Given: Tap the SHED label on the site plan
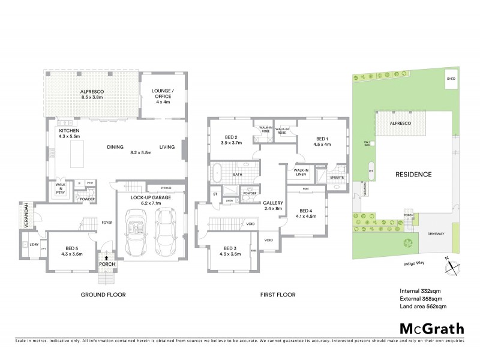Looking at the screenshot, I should [451, 79].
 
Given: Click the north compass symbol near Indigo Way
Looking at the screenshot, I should [450, 264].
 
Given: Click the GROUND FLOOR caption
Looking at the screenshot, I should [102, 295].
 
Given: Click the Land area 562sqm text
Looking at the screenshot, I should [423, 307].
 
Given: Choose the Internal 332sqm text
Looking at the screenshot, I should [419, 291].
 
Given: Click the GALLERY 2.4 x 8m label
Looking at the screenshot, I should [273, 206].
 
